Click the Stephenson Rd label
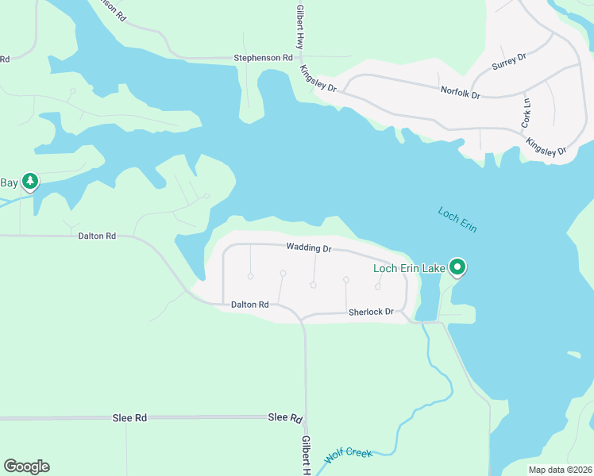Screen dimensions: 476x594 263,58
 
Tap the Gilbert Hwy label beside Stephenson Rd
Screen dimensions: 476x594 300,25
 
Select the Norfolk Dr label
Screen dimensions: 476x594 461,94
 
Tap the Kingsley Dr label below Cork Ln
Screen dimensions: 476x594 546,146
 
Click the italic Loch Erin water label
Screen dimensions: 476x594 457,219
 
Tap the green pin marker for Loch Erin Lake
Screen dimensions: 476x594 457,268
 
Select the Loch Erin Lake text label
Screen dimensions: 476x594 409,268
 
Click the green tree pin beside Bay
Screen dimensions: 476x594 30,182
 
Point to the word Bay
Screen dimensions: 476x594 8,182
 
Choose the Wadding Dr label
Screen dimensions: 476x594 309,248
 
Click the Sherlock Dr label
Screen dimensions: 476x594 371,313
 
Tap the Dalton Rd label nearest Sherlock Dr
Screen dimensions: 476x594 249,304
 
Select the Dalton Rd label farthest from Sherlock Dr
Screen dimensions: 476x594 97,236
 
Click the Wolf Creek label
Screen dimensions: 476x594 349,456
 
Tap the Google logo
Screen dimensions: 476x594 26,466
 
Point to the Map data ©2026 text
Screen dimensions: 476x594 559,470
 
